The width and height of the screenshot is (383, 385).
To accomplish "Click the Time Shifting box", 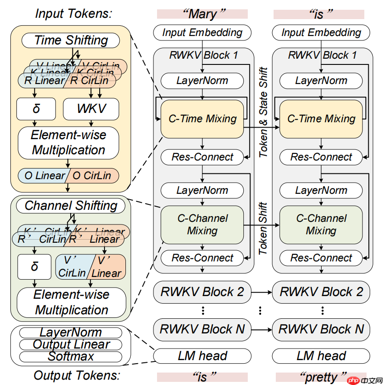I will [x=71, y=40].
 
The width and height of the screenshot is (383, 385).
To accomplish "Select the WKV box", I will [x=91, y=108].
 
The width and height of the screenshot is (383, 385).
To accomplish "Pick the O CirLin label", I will [x=92, y=176].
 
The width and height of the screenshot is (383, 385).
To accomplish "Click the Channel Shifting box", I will [x=71, y=206].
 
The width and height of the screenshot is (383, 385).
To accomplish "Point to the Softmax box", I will [x=71, y=356].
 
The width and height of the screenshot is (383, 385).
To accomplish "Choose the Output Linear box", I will [x=71, y=345].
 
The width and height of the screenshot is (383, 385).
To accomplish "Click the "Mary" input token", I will [x=202, y=14].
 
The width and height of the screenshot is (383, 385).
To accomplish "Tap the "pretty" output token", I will [x=321, y=377].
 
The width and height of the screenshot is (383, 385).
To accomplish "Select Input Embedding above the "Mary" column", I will [x=202, y=32].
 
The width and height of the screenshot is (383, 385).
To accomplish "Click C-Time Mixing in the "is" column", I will [x=321, y=119].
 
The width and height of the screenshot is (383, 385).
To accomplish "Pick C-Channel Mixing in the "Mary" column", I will [x=202, y=225].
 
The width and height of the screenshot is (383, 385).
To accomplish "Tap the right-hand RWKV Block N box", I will [x=321, y=329].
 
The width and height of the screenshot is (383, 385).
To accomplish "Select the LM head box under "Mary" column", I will [x=202, y=356].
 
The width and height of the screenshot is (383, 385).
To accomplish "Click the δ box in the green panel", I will [x=35, y=267].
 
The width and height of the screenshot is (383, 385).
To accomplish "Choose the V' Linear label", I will [x=107, y=267].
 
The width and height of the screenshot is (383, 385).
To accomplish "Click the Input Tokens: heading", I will [x=73, y=14].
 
